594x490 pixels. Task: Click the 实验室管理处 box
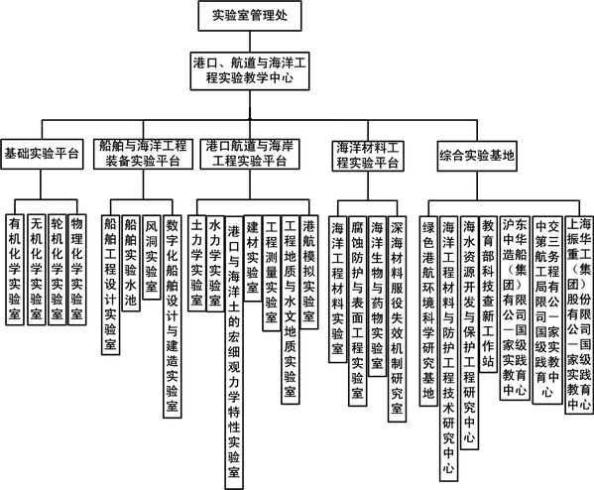click(250, 16)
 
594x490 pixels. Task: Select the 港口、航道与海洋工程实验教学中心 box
click(250, 70)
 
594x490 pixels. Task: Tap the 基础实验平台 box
click(42, 154)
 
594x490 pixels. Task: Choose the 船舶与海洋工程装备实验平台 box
click(143, 154)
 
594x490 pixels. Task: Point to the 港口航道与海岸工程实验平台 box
click(250, 154)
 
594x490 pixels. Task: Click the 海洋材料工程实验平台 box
click(368, 156)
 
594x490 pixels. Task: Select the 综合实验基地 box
click(477, 156)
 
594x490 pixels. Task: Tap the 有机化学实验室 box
click(15, 270)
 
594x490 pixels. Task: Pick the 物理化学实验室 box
click(77, 270)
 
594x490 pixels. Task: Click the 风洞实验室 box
click(152, 257)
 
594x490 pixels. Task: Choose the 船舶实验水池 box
click(131, 264)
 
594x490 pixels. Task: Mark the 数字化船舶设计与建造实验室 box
click(173, 316)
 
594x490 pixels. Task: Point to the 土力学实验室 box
click(197, 264)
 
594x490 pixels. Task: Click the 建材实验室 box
click(253, 259)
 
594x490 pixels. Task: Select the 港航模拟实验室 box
click(308, 272)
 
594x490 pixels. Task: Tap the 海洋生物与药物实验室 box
click(377, 297)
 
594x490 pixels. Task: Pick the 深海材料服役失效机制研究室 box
click(397, 319)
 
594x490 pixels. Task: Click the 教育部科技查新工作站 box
click(488, 295)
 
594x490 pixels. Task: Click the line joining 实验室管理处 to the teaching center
click(250, 42)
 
